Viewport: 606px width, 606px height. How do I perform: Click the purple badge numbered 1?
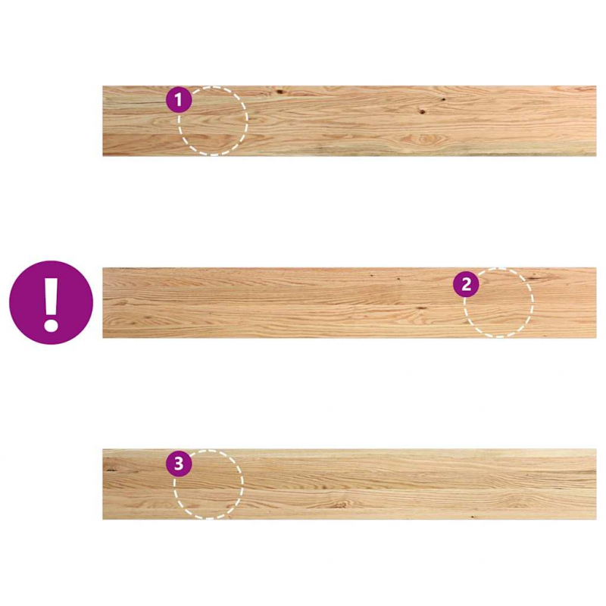pos(179,100)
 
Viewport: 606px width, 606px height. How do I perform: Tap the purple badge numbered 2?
pos(466,284)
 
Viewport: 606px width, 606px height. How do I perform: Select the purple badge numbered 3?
pos(179,464)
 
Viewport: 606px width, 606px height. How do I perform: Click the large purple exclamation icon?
pos(51,302)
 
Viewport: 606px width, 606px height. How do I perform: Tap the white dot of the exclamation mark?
pos(51,325)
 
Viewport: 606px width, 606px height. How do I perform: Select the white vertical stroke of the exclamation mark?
pos(51,293)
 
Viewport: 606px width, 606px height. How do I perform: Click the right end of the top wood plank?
pos(595,121)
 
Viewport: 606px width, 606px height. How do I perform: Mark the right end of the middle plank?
pos(595,302)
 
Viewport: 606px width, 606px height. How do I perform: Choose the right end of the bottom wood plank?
pos(595,484)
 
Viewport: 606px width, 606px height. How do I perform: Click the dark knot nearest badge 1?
pos(280,92)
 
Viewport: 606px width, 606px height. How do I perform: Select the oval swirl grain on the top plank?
pos(425,139)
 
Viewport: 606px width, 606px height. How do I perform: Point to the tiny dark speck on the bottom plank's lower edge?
pos(472,517)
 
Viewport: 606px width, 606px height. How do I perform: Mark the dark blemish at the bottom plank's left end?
pos(112,470)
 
